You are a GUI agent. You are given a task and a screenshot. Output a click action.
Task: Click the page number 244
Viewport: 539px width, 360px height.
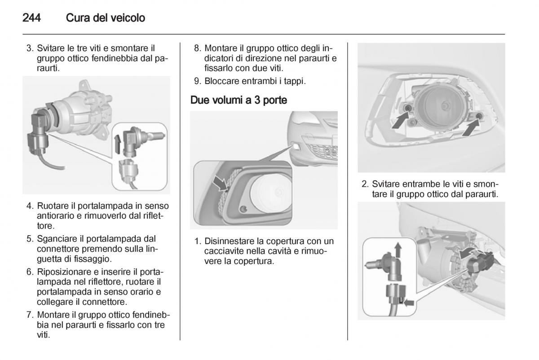(31, 18)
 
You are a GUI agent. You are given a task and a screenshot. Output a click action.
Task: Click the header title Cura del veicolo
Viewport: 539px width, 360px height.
(105, 18)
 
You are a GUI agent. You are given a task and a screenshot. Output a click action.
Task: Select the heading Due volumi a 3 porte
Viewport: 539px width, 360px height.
(239, 100)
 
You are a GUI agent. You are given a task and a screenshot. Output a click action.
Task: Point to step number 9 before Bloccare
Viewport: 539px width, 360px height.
(196, 81)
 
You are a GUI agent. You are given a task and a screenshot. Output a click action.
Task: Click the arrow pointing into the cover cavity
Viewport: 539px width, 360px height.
(220, 183)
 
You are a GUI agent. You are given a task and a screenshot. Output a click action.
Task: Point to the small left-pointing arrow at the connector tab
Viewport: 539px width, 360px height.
(409, 303)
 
